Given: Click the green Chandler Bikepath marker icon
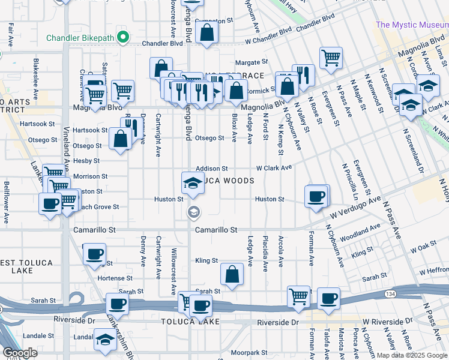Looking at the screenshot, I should (123, 37).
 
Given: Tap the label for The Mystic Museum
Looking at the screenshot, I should (411, 25).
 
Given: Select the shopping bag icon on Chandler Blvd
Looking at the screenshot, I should (206, 35).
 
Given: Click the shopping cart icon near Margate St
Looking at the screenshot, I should (331, 58).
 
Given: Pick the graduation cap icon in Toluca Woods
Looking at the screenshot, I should (193, 182).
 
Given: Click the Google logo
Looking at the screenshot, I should (20, 352).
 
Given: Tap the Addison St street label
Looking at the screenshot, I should (211, 169).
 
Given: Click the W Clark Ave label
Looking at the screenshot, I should (274, 168).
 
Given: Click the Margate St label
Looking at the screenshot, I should (251, 62).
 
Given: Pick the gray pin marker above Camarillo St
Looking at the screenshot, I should (193, 211).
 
